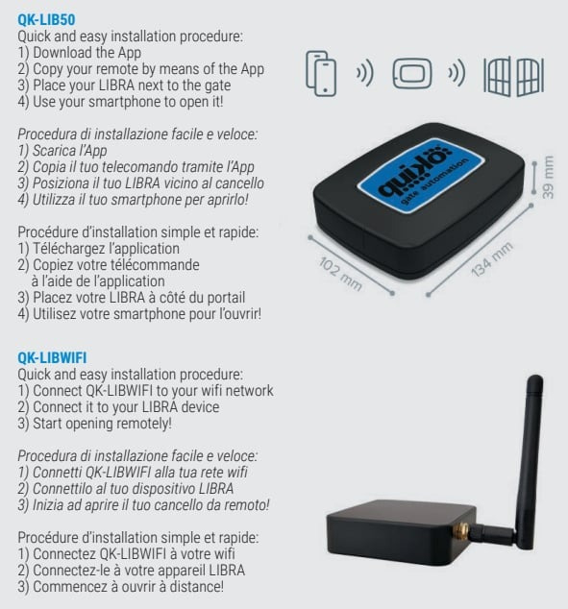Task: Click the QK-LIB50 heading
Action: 46,19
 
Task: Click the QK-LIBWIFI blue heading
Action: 52,357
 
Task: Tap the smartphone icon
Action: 321,73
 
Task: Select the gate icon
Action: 513,77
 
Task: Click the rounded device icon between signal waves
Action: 411,73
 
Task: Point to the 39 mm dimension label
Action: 548,177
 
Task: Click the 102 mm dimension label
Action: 340,274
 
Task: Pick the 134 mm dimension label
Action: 492,259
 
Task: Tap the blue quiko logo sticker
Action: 421,174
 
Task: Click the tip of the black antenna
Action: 535,378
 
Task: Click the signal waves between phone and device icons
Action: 365,73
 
